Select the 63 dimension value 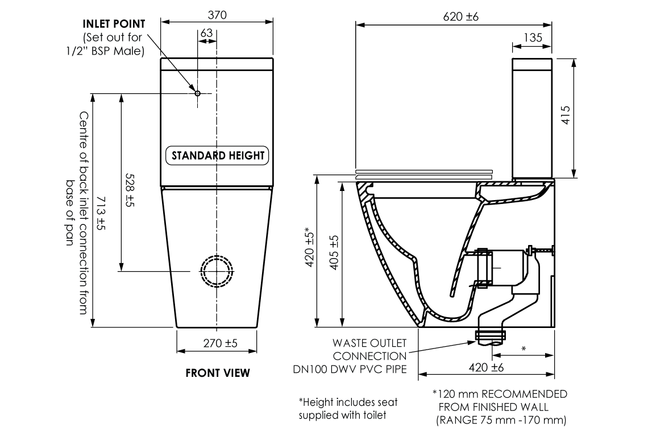pos(206,34)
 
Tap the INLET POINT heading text pos(114,24)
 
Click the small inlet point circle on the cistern pos(197,93)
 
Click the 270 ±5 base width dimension pos(219,343)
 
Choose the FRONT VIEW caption pos(217,373)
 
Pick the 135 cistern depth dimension pos(532,38)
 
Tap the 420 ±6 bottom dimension pos(487,367)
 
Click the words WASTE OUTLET pos(369,344)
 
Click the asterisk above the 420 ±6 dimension pos(523,348)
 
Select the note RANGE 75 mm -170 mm pos(501,421)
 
